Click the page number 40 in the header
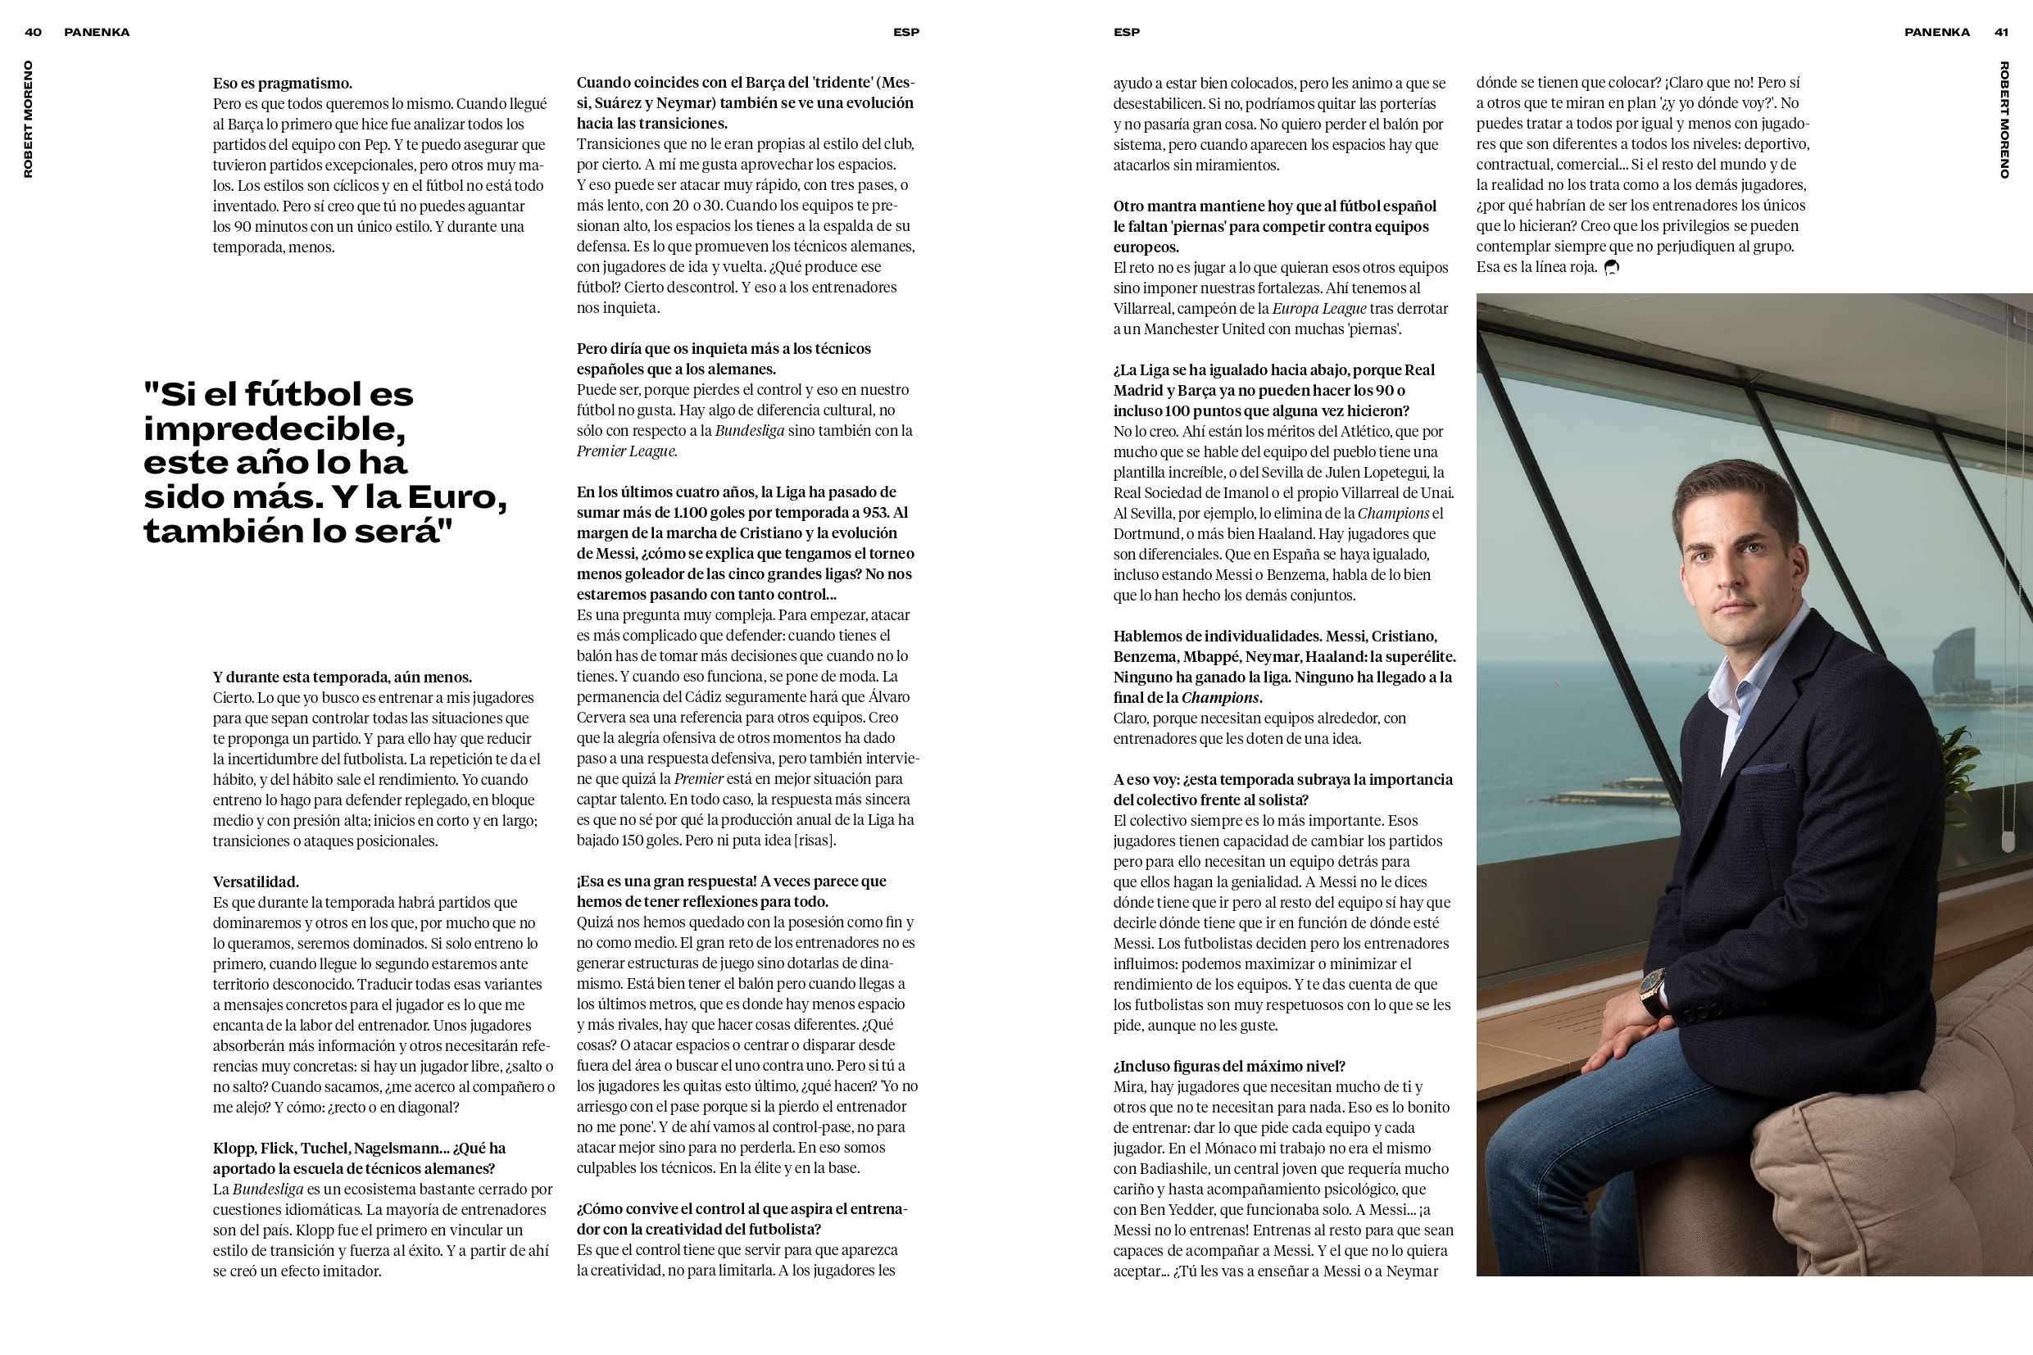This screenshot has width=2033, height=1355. (33, 32)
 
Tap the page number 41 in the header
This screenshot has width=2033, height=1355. (2001, 32)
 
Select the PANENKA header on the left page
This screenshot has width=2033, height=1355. (97, 32)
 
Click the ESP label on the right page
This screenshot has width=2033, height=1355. (1126, 32)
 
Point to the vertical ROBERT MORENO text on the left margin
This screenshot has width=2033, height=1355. (29, 120)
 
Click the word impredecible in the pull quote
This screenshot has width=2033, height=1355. (275, 428)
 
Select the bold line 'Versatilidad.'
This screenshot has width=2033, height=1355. (256, 882)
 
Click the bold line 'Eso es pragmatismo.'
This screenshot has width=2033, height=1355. (283, 84)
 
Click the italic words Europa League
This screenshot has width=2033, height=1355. (1319, 309)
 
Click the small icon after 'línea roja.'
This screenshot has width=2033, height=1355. (1611, 268)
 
